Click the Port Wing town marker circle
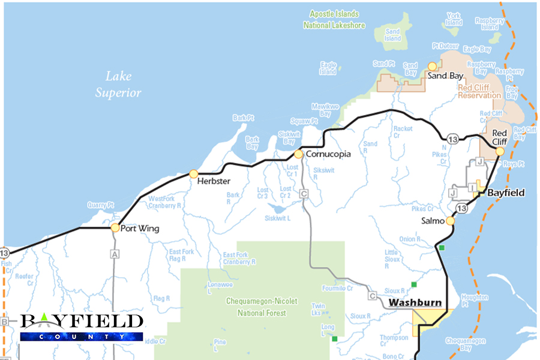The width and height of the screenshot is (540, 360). point(115,227)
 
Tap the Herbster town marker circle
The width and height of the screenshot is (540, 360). point(193,174)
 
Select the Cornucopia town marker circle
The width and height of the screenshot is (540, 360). point(298,154)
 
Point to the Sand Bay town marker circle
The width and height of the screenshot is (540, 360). point(431,67)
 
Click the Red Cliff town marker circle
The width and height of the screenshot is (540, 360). point(500,151)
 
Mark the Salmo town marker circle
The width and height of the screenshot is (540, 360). point(450,221)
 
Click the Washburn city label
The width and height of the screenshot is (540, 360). point(415,302)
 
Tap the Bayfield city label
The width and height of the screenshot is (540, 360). point(506,193)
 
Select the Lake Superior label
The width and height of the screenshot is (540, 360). point(118,84)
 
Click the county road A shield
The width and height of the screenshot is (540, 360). point(114,254)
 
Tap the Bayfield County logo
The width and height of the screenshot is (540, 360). point(82,327)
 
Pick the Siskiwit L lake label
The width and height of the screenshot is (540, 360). point(278,218)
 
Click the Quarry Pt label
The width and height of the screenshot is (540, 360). point(100,205)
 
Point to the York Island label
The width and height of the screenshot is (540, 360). point(454,19)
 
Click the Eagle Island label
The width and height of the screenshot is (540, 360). point(328,68)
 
